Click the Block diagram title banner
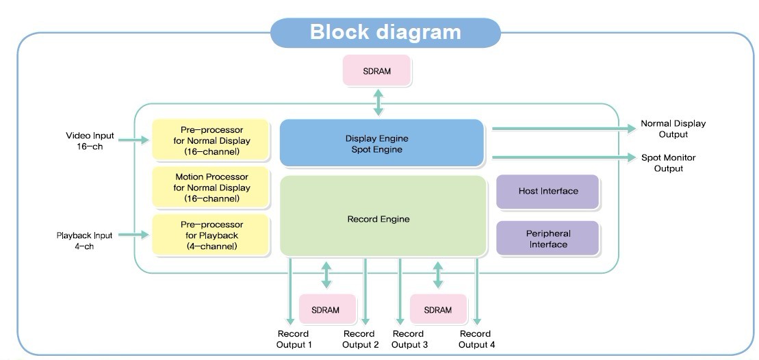pos(385,32)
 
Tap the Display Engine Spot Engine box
pos(382,143)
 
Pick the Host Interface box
pos(548,192)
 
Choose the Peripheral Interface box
pos(548,238)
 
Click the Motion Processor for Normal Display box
pos(211,188)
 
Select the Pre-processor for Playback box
pos(211,235)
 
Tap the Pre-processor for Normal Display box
pos(211,140)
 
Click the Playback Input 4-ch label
pos(84,240)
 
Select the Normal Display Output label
pos(673,129)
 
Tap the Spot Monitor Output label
pos(669,163)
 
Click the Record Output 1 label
pos(294,339)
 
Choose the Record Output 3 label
pos(410,339)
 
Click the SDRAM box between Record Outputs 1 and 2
pos(326,309)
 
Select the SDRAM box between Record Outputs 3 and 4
pos(438,309)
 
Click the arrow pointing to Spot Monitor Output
pos(561,157)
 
